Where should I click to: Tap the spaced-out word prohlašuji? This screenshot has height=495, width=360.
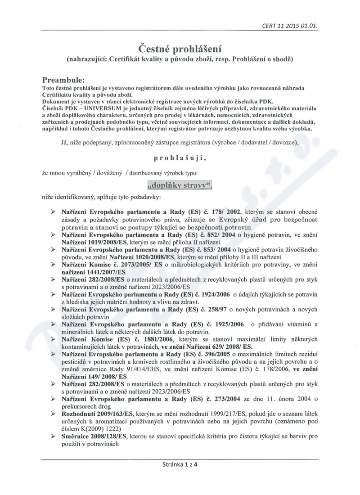pos(180,158)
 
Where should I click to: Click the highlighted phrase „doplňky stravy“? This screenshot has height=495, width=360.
pos(180,185)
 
